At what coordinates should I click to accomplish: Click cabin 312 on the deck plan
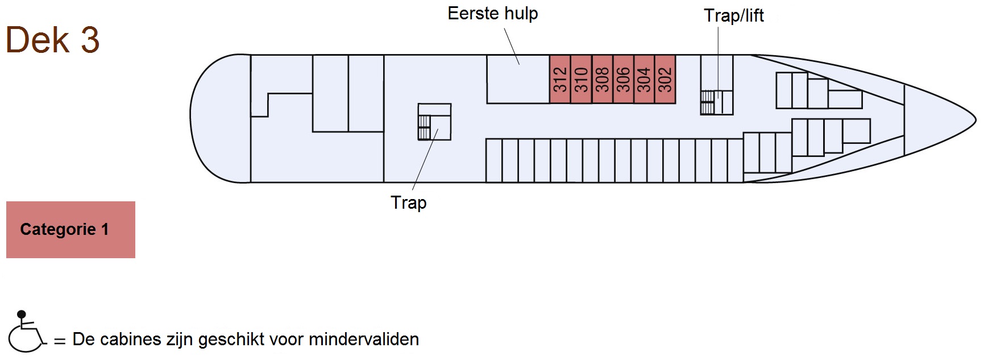560,80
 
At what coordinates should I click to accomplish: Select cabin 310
581,80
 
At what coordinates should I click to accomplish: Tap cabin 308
602,80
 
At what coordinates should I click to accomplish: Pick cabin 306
623,80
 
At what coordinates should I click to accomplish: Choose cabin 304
644,80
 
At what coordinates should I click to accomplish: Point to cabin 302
665,80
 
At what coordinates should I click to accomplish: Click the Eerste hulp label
492,14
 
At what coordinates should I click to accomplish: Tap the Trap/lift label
733,15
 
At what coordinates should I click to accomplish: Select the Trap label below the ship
408,202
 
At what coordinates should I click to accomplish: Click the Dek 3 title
52,40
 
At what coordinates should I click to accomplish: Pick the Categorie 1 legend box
70,230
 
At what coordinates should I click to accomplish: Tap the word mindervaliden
364,340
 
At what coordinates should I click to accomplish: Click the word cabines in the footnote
128,340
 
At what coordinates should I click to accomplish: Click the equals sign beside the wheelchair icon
60,341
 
